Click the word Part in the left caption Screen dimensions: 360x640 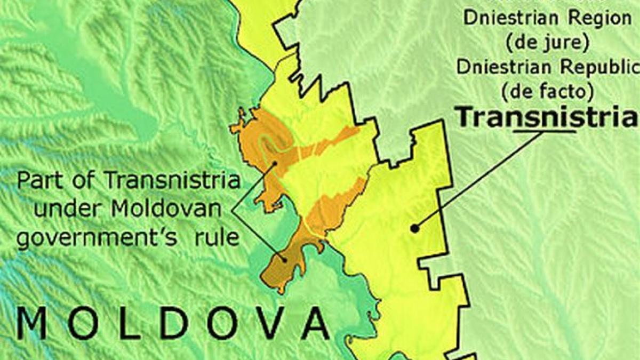coord(38,181)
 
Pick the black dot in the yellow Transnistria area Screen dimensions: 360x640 coord(414,228)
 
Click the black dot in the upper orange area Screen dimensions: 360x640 coord(274,164)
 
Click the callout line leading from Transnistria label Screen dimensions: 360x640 coord(480,179)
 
